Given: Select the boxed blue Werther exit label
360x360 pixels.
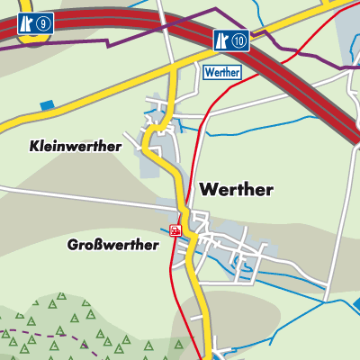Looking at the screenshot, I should pos(221,72).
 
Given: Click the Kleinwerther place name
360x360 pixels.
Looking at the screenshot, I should pos(75,146).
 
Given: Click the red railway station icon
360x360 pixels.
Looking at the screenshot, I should pos(175,230).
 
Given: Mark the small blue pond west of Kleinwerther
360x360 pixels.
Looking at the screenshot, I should pos(47,105).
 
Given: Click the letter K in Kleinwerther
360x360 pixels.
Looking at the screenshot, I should pos(33,146).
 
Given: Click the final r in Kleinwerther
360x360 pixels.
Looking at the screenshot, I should pos(118,147).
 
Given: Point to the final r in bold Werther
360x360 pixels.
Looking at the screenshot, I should pos(268,191).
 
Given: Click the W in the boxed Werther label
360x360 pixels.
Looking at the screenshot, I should pos(210,72).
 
